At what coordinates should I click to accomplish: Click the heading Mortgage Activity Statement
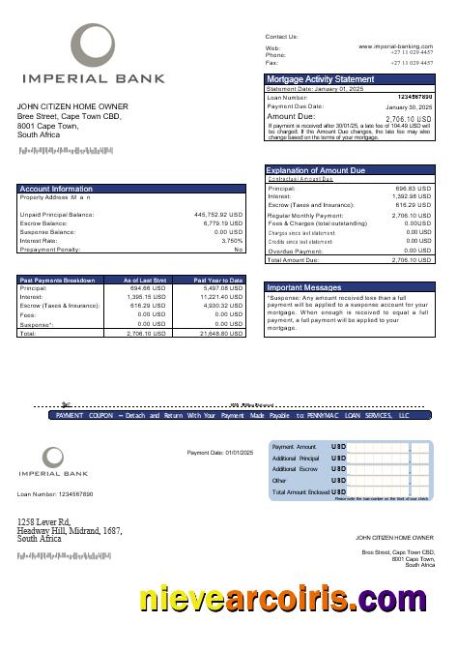(x=320, y=79)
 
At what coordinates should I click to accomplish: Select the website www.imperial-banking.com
(x=395, y=46)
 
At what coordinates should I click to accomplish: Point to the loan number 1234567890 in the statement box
(x=414, y=98)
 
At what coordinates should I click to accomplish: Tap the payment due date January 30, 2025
(x=410, y=107)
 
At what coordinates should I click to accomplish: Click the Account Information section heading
(x=56, y=189)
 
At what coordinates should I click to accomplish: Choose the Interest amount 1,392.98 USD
(x=413, y=196)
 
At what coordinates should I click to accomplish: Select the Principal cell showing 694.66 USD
(x=149, y=288)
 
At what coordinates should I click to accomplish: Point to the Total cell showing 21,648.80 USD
(x=221, y=334)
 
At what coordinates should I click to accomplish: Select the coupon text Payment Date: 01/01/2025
(x=219, y=453)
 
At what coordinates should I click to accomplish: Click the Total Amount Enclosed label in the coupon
(x=300, y=492)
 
